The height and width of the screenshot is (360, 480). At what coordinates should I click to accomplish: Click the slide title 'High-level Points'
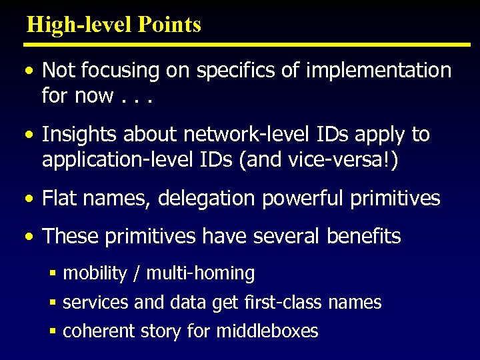pyautogui.click(x=113, y=25)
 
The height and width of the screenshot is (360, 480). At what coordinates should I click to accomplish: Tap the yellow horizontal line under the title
pyautogui.click(x=247, y=45)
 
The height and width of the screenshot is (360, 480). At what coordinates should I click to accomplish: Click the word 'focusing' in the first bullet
pyautogui.click(x=121, y=70)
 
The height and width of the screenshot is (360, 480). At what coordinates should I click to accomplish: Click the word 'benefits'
pyautogui.click(x=364, y=237)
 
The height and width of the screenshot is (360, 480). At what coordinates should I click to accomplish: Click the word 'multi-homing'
pyautogui.click(x=200, y=273)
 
